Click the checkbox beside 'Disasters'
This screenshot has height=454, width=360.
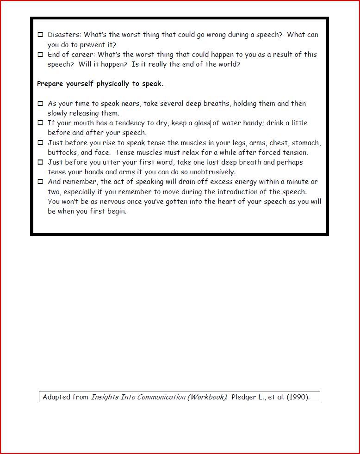(40, 35)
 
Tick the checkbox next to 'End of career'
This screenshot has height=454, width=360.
(40, 55)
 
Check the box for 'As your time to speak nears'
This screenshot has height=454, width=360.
(40, 104)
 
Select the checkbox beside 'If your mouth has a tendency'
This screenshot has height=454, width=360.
(40, 123)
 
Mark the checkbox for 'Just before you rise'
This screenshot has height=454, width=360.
(40, 143)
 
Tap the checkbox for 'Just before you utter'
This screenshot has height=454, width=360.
(40, 162)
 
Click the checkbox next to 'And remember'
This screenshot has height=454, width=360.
(40, 182)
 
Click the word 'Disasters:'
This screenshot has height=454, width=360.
(64, 35)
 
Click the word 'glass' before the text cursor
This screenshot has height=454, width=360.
(202, 123)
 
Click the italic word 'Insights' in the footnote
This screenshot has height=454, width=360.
(105, 397)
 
